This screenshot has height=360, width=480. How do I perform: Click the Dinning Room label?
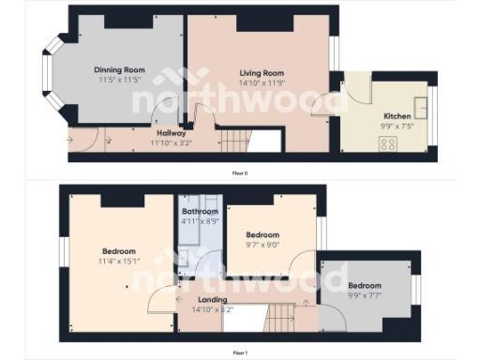(121, 70)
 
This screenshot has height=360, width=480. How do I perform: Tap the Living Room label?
(262, 73)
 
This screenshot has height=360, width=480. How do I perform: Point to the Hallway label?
(172, 132)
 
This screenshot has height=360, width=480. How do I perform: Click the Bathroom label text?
(199, 212)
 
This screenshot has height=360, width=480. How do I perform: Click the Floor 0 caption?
(240, 173)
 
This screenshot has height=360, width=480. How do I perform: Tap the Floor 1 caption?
(240, 352)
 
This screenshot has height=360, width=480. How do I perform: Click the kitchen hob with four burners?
(388, 143)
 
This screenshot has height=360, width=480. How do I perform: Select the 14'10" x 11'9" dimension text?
(262, 82)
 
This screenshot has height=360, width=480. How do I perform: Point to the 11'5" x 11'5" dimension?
(121, 80)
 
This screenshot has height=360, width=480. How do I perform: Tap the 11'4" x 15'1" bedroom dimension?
(120, 261)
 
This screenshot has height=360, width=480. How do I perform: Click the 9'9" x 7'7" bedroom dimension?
(365, 294)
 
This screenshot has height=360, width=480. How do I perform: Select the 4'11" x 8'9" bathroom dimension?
(199, 221)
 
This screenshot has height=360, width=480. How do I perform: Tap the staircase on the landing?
(281, 317)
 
